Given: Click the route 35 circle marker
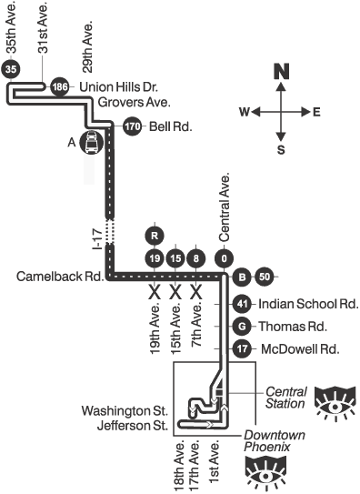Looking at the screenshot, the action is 10,69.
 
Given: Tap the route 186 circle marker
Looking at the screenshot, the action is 60,86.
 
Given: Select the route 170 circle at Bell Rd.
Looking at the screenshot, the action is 132,126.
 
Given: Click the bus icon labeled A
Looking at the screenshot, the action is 91,143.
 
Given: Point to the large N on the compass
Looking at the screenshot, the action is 281,71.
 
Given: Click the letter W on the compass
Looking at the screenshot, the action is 245,112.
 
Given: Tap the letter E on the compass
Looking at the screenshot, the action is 316,112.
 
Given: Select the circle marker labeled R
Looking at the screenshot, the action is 155,236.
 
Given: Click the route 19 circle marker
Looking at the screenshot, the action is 155,258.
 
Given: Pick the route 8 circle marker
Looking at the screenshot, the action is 196,258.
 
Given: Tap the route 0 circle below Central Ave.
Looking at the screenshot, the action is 224,258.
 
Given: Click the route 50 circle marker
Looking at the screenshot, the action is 265,277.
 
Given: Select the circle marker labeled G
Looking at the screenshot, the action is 242,326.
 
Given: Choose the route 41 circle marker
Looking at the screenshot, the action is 242,304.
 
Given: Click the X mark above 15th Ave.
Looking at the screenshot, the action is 175,292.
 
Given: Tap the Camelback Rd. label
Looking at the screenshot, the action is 60,277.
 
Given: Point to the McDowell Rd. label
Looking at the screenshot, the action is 300,349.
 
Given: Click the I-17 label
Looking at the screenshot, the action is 97,239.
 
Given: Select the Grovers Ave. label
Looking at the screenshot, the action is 135,103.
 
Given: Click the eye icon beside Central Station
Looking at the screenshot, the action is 335,404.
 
